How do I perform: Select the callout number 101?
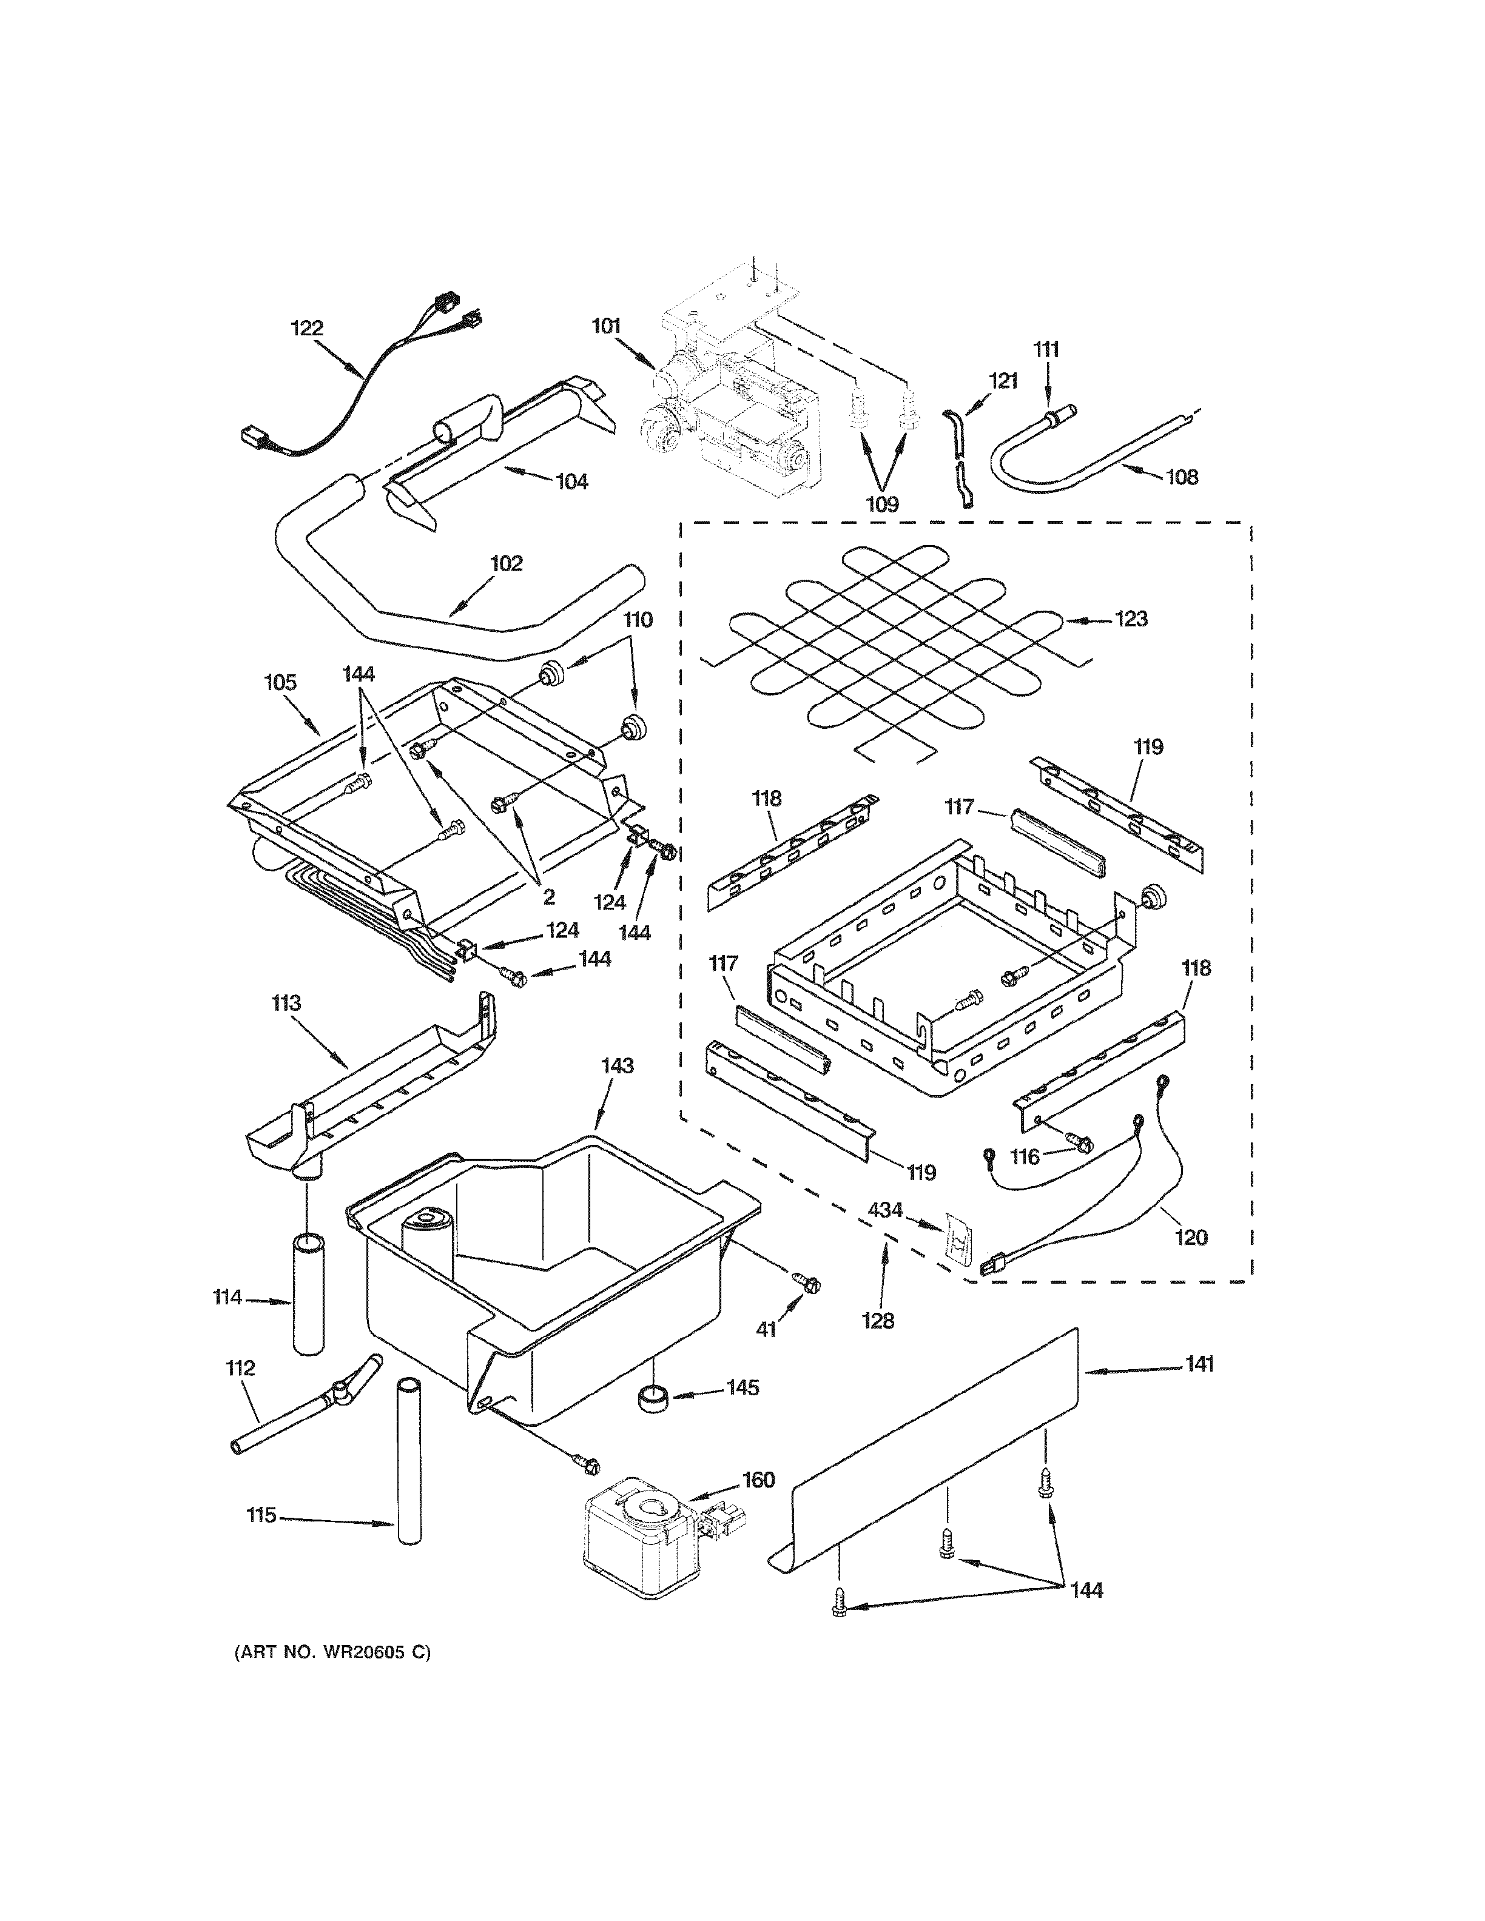point(606,326)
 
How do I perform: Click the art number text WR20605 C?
point(332,1653)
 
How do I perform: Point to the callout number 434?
point(885,1210)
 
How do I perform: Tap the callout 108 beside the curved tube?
point(1182,478)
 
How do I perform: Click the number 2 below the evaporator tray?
point(549,897)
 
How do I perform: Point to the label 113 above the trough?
point(286,1004)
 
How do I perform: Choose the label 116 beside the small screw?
point(1025,1158)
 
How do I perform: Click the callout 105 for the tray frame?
point(281,683)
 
